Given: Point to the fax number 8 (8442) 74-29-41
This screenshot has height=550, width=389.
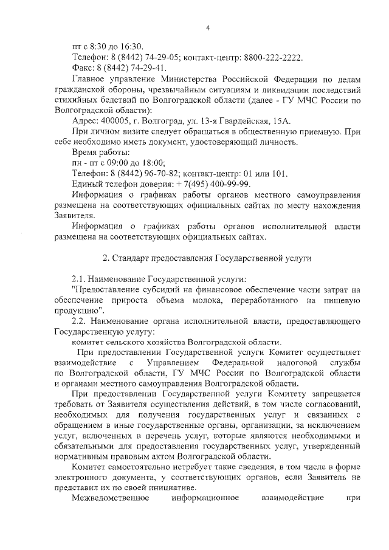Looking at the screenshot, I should (x=129, y=68).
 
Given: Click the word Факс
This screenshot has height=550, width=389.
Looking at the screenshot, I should (x=83, y=68).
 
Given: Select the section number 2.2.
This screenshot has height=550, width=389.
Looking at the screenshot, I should (x=79, y=320).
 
